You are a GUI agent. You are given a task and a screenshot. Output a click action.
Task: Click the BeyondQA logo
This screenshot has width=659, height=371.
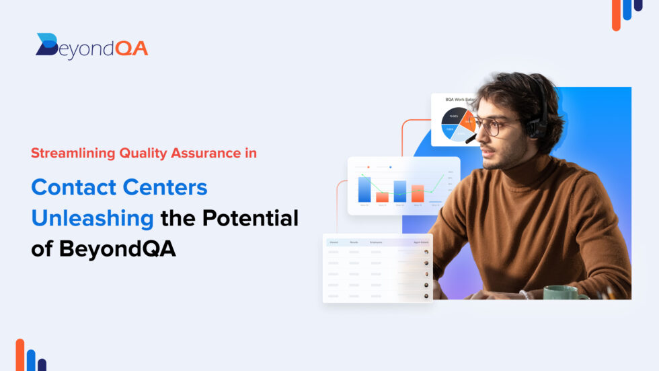click(91, 46)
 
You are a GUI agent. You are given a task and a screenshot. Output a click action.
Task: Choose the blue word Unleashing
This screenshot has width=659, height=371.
click(92, 218)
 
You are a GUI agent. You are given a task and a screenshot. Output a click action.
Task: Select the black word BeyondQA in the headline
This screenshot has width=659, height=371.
click(117, 248)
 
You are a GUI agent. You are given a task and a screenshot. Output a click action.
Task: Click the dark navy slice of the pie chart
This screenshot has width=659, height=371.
click(452, 117)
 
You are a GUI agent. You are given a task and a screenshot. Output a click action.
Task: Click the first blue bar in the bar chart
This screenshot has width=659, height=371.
click(364, 189)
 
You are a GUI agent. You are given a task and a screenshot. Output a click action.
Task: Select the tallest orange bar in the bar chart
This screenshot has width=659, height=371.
click(418, 193)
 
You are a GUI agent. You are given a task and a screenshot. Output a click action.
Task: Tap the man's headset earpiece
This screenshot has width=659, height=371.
click(536, 127)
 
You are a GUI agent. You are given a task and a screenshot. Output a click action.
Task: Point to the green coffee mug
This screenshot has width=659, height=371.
click(562, 292)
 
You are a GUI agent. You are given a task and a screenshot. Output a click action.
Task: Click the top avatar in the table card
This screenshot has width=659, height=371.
click(426, 252)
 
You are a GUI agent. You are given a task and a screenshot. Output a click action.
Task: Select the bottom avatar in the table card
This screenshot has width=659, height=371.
click(426, 296)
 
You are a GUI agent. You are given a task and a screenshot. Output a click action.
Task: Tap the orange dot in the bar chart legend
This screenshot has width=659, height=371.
click(369, 166)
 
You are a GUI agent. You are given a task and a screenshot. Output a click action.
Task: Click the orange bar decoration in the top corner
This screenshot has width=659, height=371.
click(616, 15)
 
